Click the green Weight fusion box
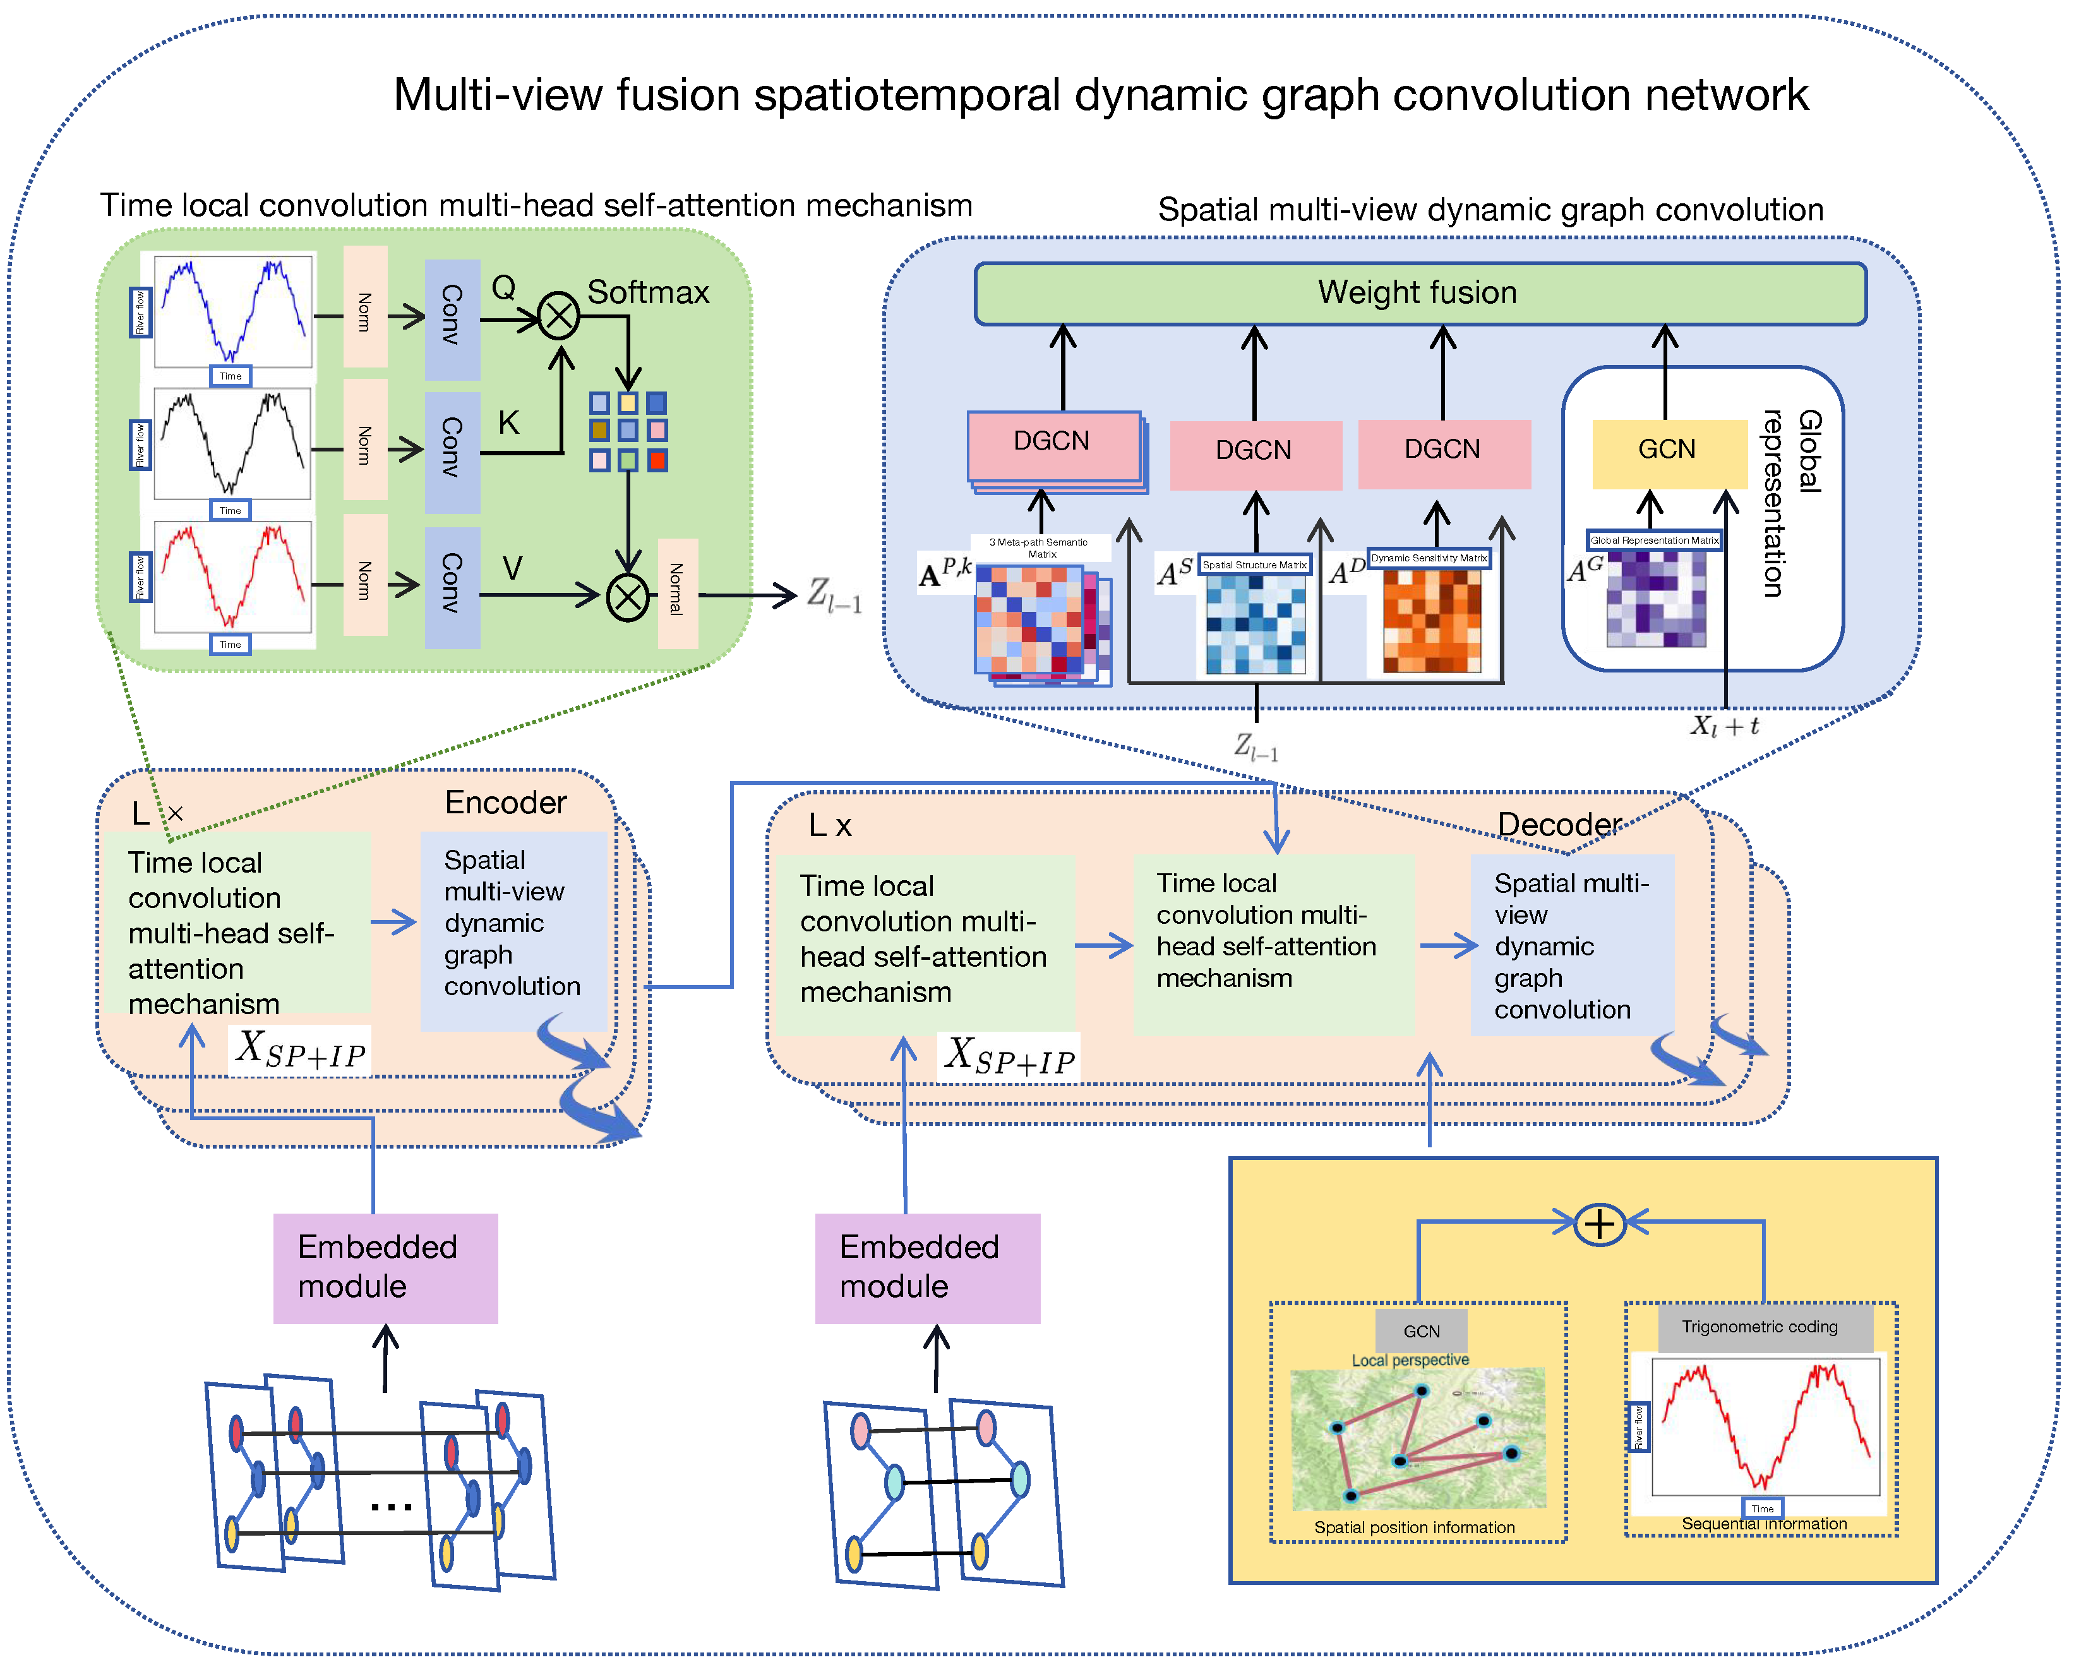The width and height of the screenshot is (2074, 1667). pyautogui.click(x=1419, y=294)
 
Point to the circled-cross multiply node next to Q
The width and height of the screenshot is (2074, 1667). pyautogui.click(x=558, y=316)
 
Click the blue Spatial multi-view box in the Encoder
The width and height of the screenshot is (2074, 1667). pyautogui.click(x=513, y=923)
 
